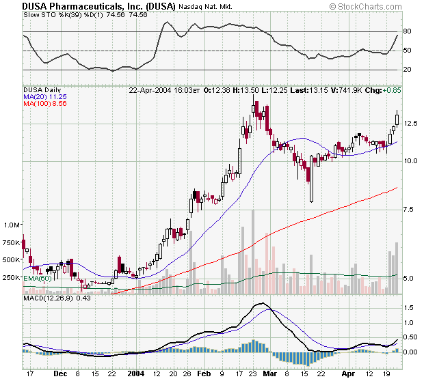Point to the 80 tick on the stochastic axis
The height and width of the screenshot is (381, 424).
tap(406, 31)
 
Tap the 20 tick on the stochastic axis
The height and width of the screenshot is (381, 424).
tap(406, 70)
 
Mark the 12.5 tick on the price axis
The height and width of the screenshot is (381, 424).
tap(410, 123)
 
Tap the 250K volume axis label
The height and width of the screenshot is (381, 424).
tap(12, 277)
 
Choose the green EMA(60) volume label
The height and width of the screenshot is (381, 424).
tap(38, 278)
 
